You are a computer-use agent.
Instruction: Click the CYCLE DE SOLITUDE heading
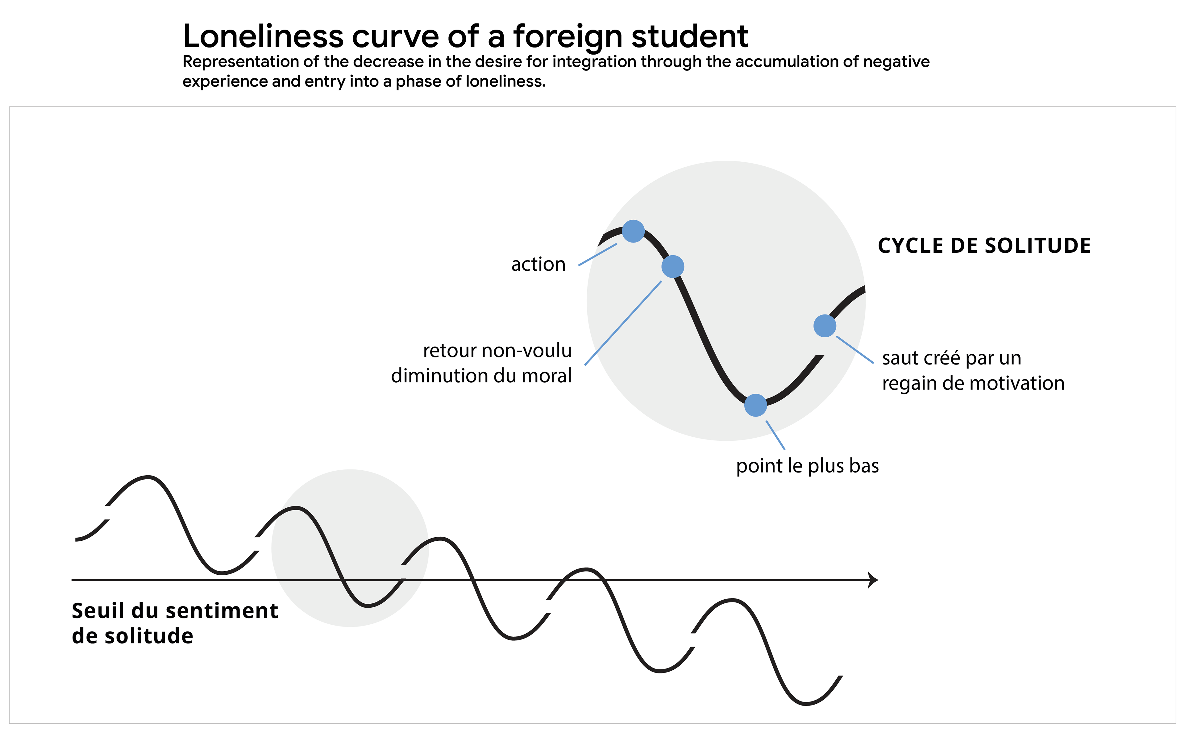click(984, 246)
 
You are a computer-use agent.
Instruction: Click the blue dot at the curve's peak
click(634, 231)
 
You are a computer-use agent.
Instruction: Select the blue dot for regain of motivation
click(825, 326)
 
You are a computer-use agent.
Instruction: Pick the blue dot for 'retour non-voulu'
click(673, 267)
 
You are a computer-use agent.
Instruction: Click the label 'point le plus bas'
click(807, 466)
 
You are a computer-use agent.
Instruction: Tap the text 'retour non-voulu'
click(497, 351)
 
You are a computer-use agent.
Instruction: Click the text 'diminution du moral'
click(481, 376)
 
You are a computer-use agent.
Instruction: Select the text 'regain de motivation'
click(973, 384)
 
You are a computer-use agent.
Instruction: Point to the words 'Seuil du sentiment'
click(174, 611)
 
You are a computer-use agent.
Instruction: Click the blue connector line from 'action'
click(598, 254)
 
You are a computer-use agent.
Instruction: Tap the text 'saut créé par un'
click(951, 358)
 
